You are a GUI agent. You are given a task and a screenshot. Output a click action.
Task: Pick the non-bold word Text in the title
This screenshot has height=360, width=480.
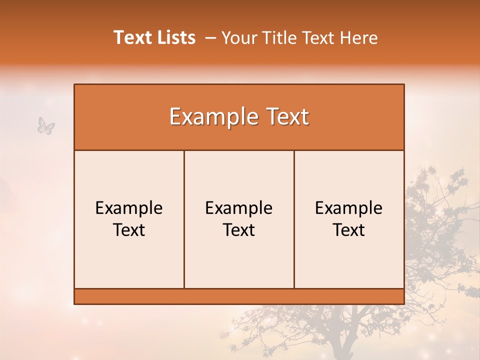pyautogui.click(x=318, y=37)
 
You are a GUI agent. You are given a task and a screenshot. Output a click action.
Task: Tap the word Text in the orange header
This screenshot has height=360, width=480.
pyautogui.click(x=287, y=117)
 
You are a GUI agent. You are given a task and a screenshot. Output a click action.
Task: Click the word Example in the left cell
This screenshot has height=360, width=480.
pyautogui.click(x=129, y=208)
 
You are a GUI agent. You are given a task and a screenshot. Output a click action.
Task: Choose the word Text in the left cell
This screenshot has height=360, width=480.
pyautogui.click(x=129, y=230)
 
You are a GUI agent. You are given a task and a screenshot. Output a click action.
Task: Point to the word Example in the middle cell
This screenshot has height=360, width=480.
pyautogui.click(x=239, y=208)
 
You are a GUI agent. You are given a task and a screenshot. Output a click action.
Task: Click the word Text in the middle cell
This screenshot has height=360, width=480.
pyautogui.click(x=239, y=230)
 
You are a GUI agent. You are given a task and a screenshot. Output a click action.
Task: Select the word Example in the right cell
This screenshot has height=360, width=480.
pyautogui.click(x=349, y=208)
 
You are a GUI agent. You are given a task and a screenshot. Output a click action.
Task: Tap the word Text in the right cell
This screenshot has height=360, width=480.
pyautogui.click(x=349, y=230)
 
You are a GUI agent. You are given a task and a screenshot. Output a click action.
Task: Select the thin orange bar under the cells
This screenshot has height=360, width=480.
pyautogui.click(x=239, y=296)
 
